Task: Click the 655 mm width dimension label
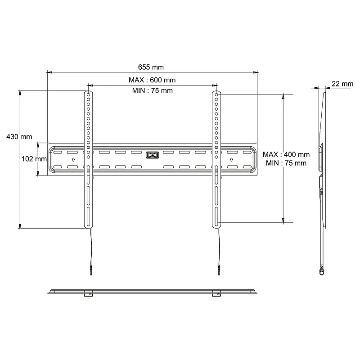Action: coord(151,67)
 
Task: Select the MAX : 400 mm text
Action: coord(286,154)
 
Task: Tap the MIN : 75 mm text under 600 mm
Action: coord(152,90)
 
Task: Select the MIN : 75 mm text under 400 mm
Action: coord(286,162)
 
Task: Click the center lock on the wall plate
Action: coord(152,156)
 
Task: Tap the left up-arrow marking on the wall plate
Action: coord(73,159)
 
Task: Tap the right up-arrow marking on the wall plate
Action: coord(232,159)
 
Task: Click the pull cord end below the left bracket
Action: coord(91,271)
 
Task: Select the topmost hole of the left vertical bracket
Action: coord(88,95)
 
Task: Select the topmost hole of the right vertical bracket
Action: coord(216,95)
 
